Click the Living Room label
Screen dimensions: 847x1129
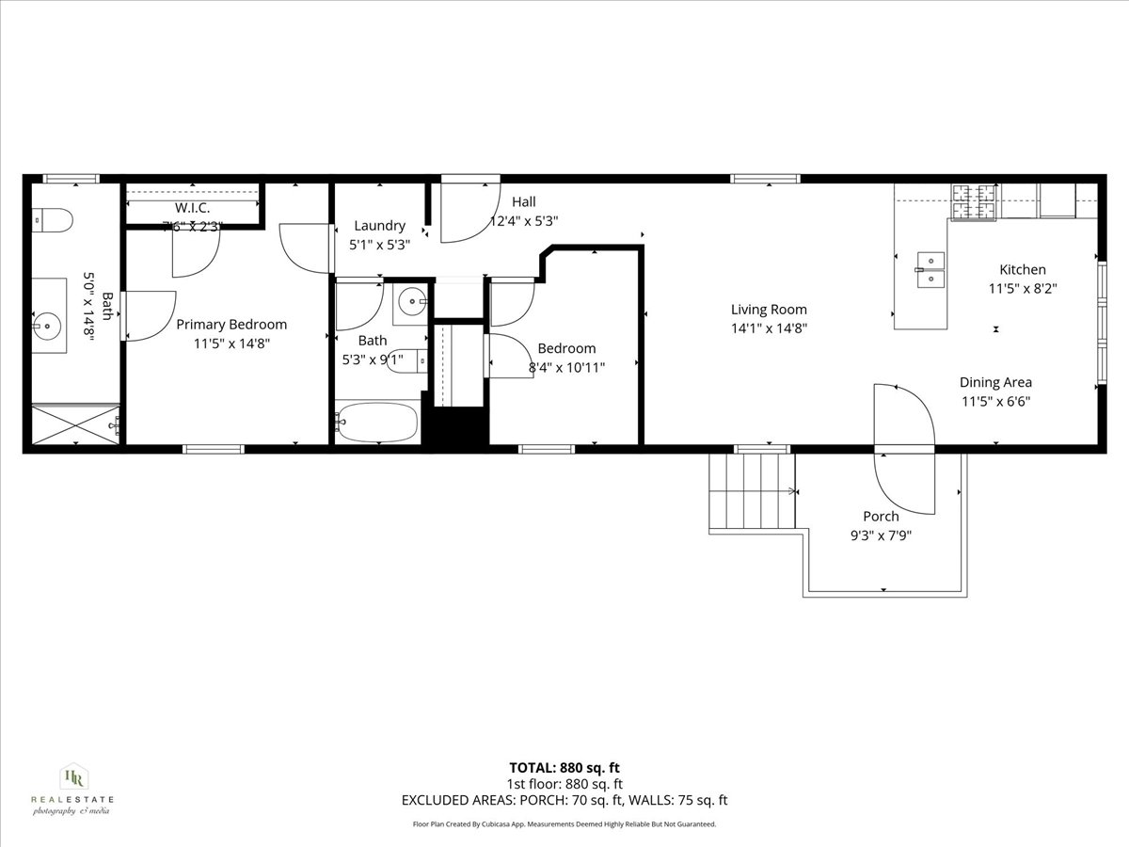pos(769,310)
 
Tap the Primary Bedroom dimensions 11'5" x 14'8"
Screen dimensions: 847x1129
pos(231,344)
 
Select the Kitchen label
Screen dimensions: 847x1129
pos(1022,270)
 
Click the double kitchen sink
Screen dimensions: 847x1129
pos(931,268)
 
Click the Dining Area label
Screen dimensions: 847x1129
pos(995,382)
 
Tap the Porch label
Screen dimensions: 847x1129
pos(881,517)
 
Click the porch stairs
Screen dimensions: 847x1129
pos(752,492)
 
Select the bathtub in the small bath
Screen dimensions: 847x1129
pos(376,422)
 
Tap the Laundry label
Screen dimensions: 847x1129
pos(379,226)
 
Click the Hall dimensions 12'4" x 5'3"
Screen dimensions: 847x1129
pos(524,222)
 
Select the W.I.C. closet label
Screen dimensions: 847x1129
pos(192,207)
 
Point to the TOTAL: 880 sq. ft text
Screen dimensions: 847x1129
pos(564,767)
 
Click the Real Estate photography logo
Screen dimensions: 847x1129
pos(72,790)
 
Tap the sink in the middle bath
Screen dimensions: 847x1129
pos(411,302)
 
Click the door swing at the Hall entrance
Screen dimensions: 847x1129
pos(470,209)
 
